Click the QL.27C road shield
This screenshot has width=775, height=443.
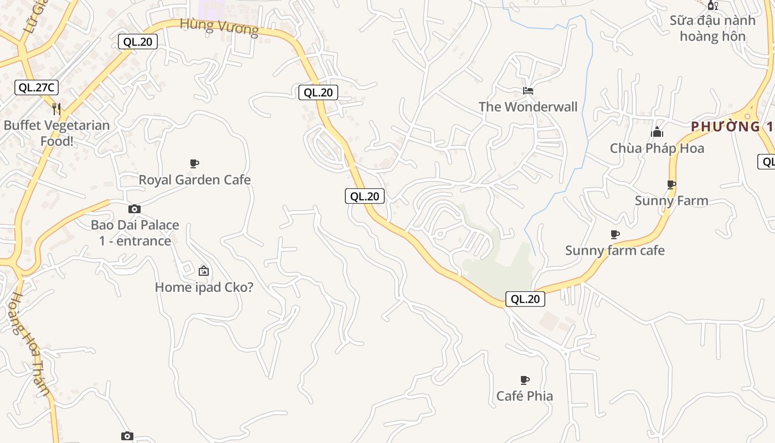point(37,87)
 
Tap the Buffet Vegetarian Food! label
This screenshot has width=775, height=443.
point(56,133)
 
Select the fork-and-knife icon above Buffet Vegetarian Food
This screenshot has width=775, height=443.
point(56,108)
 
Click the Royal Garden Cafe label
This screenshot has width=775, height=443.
point(194,179)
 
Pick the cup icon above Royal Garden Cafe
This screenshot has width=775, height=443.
point(194,163)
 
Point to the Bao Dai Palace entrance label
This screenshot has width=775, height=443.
point(135,233)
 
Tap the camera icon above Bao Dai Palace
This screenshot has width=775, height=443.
point(135,209)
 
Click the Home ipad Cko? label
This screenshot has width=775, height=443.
point(204,287)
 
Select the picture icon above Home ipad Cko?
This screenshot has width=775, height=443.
point(204,271)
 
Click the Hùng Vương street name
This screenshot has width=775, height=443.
point(219,27)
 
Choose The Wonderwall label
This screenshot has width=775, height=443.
point(528,107)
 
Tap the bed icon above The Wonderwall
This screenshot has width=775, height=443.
point(528,90)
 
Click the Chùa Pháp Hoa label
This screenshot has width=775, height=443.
point(657,148)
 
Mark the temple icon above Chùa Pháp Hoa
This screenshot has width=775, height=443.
point(657,132)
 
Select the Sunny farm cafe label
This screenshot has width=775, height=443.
point(614,250)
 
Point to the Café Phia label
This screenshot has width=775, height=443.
point(524,395)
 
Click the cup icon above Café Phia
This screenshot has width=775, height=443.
point(525,380)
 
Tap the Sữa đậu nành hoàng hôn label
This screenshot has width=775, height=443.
point(712,28)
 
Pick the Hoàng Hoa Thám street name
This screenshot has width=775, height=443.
point(31,343)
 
